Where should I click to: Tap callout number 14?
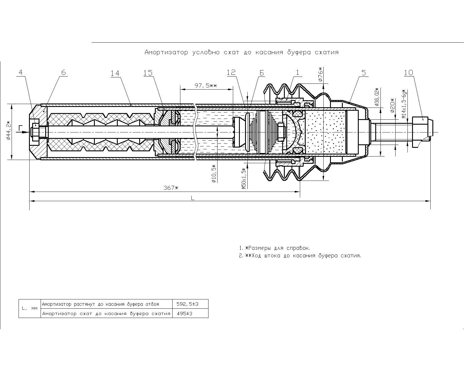[x=115, y=73]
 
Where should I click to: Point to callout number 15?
[x=148, y=72]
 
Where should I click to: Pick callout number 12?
[x=231, y=72]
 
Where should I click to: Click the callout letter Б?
[x=261, y=73]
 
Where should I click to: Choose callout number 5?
[x=364, y=72]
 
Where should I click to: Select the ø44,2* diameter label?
[x=8, y=130]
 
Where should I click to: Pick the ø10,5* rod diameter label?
[x=214, y=173]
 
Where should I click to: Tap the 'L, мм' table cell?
[x=30, y=309]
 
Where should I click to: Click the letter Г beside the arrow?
[x=20, y=128]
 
